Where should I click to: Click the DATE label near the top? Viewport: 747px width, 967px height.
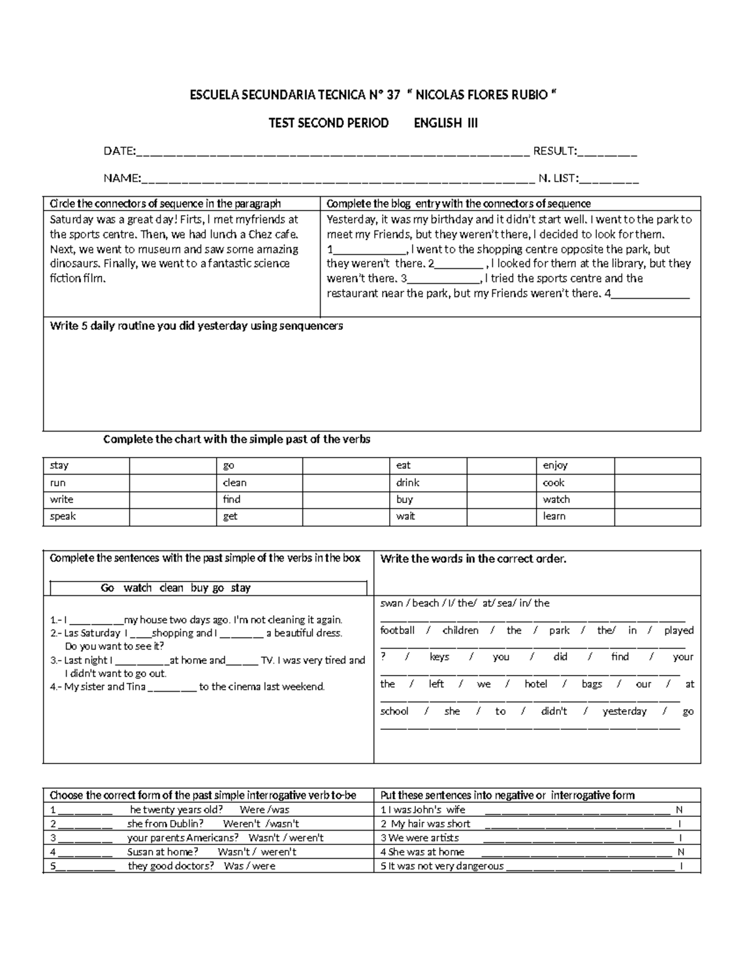pyautogui.click(x=119, y=151)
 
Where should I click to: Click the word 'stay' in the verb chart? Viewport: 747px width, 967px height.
pyautogui.click(x=59, y=465)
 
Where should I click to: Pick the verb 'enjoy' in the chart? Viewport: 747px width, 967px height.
pyautogui.click(x=555, y=465)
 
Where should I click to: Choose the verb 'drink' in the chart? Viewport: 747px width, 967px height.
pyautogui.click(x=408, y=483)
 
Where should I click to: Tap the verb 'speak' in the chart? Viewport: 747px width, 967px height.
pyautogui.click(x=63, y=516)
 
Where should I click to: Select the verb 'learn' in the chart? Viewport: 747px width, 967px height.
pyautogui.click(x=554, y=516)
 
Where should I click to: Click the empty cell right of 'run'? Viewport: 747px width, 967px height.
pyautogui.click(x=172, y=483)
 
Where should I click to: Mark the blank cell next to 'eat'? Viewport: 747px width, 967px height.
pyautogui.click(x=500, y=465)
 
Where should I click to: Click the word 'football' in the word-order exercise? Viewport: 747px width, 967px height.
pyautogui.click(x=397, y=630)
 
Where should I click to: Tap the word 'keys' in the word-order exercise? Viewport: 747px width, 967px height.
pyautogui.click(x=439, y=657)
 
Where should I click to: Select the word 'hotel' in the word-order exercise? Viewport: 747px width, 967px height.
pyautogui.click(x=535, y=684)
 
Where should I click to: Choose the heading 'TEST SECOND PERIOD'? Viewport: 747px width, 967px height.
pyautogui.click(x=328, y=123)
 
